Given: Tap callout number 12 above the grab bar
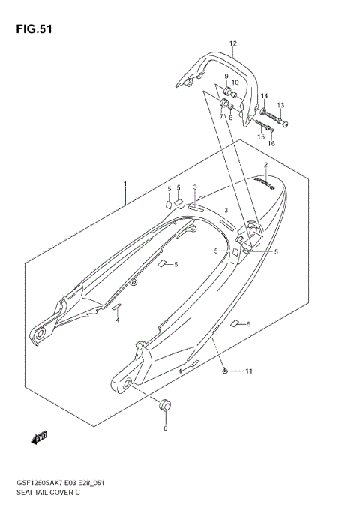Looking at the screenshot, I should pos(233,43).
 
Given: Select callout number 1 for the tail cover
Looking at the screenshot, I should pos(126,184).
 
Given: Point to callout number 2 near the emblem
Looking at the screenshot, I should pos(265,165).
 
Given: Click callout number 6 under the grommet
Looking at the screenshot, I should pos(166,429).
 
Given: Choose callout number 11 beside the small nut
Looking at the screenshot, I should pos(249,372).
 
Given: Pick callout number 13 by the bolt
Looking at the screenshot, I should pos(281,105).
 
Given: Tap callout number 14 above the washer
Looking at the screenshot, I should pos(263,96).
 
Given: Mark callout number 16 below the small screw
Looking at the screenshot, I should pos(271,143).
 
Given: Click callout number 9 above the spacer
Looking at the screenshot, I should pos(225,76).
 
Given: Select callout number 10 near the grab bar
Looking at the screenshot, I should pos(235,82).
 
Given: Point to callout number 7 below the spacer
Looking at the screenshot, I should pos(222,117).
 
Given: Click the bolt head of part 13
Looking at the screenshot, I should pos(287,124).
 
